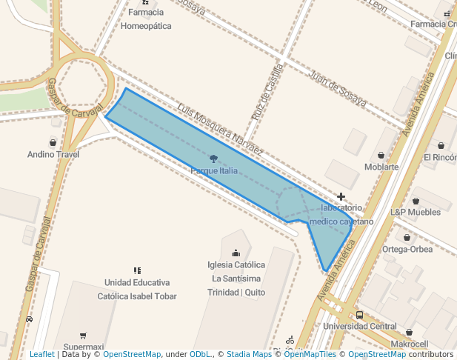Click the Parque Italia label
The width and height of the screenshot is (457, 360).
point(214,171)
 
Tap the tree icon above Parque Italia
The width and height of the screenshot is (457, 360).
point(214,159)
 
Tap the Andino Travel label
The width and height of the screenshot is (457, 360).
point(53,155)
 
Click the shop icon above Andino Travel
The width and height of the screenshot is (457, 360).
point(53,142)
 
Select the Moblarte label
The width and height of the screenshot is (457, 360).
point(381,167)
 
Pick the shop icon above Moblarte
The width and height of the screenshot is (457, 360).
point(381,155)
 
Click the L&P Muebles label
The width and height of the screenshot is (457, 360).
point(416,212)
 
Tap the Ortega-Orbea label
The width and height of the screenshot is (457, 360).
point(407,249)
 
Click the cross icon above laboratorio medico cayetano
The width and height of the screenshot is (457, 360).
point(341,196)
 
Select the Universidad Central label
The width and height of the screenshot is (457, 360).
point(360,326)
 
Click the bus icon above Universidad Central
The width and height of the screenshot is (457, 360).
point(359,314)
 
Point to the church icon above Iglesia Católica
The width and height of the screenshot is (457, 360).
point(236,253)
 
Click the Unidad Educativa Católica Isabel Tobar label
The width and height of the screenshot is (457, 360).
point(137,289)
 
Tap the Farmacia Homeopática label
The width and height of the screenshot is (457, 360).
point(146,19)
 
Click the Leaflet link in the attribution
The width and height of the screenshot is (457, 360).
point(41,354)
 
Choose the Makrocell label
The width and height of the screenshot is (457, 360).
point(410,344)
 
